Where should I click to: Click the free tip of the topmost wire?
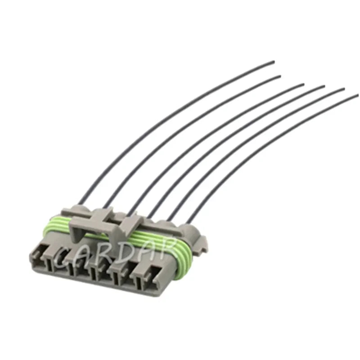click(274, 62)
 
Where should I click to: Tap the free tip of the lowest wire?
click(357, 94)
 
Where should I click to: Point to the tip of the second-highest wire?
click(280, 76)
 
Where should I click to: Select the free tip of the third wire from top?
click(303, 84)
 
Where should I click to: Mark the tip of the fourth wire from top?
click(324, 86)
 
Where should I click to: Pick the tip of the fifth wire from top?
click(344, 89)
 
